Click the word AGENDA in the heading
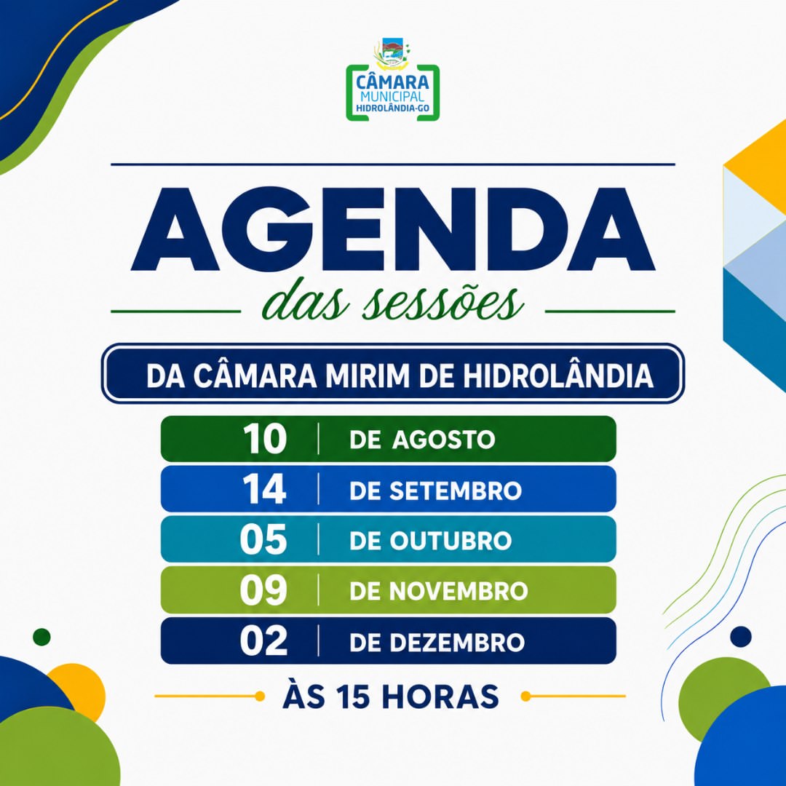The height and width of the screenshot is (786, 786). click(x=392, y=229)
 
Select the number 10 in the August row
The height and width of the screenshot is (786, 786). click(x=265, y=439)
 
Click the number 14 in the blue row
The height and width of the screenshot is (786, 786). click(x=264, y=489)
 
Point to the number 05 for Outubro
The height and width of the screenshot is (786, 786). click(x=263, y=539)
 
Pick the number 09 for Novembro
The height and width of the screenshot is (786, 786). click(x=263, y=590)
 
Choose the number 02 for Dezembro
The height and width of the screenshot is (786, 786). click(x=263, y=641)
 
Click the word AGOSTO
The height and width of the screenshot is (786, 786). click(x=443, y=440)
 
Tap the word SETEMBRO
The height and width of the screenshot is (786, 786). click(x=455, y=491)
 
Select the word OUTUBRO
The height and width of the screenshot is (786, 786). click(x=450, y=540)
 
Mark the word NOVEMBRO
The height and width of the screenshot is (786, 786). click(x=458, y=591)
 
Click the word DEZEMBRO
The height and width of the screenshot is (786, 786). click(x=456, y=642)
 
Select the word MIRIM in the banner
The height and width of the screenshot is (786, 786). click(x=367, y=376)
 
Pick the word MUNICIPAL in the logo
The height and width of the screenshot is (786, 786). click(x=392, y=96)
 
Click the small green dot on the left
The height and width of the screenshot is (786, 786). click(x=41, y=637)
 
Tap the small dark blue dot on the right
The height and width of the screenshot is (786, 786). click(x=741, y=637)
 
